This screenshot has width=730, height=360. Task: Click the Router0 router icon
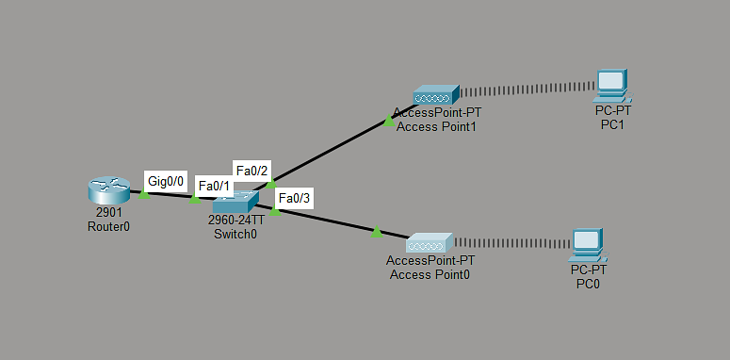click(109, 190)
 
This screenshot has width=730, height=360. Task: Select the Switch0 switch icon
click(235, 202)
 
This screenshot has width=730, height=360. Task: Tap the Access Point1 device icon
click(436, 94)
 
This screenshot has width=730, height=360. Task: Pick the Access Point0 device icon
click(430, 242)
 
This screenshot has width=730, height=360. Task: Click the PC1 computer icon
click(612, 86)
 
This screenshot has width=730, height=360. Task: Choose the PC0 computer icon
click(589, 245)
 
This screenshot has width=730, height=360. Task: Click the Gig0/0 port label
click(166, 181)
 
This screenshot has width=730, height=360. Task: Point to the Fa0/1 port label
click(214, 186)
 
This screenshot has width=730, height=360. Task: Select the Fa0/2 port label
click(251, 171)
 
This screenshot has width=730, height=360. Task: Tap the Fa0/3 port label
click(294, 199)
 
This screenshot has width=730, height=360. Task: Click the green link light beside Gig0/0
click(144, 194)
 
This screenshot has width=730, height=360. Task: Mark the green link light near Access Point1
click(389, 121)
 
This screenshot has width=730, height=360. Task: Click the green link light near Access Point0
click(377, 232)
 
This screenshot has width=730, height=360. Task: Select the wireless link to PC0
click(511, 243)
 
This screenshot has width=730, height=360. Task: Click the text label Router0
click(108, 226)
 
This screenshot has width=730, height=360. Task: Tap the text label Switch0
click(235, 234)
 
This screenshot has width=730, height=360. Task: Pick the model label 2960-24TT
click(235, 221)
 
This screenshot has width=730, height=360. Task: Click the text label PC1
click(612, 124)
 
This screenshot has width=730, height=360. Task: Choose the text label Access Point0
click(430, 275)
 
